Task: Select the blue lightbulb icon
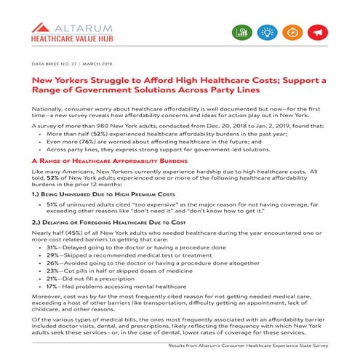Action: (268, 33)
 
